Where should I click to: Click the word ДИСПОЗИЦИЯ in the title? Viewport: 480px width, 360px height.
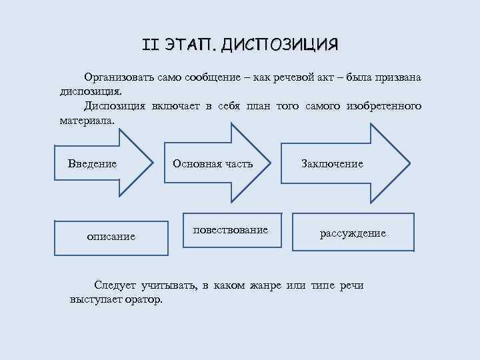click(x=280, y=45)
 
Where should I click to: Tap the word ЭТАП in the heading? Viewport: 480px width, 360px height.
click(x=189, y=45)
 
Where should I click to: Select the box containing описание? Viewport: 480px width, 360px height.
click(x=110, y=235)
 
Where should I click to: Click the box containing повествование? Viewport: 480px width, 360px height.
click(x=231, y=231)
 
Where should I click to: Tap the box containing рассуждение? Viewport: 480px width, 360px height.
click(x=353, y=232)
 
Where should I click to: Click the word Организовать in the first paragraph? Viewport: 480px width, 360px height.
click(x=118, y=78)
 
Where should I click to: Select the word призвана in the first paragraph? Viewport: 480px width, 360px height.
click(x=398, y=78)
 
